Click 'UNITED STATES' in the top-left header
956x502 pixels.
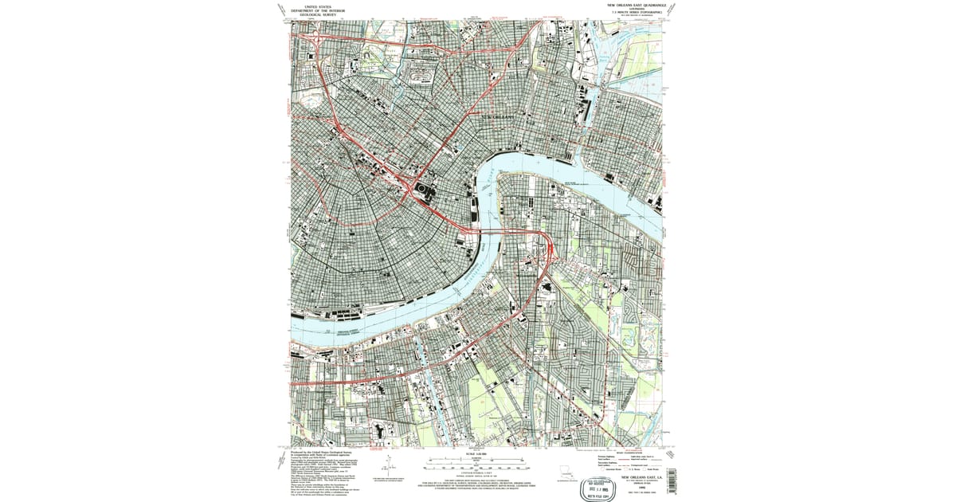pyautogui.click(x=313, y=5)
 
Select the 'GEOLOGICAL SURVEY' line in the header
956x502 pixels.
pyautogui.click(x=313, y=14)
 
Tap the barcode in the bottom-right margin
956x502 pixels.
pyautogui.click(x=668, y=481)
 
